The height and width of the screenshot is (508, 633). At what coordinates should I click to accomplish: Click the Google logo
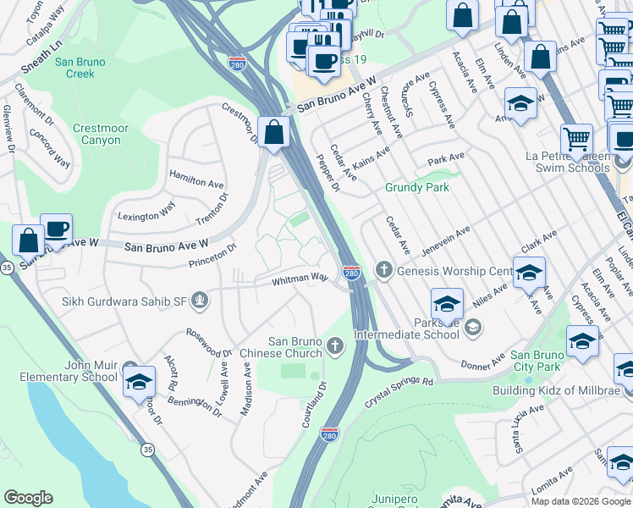coord(29,498)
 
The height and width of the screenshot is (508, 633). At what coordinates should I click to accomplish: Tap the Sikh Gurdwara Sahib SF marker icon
coord(200,300)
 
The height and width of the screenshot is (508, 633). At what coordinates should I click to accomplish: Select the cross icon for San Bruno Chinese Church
coord(335,345)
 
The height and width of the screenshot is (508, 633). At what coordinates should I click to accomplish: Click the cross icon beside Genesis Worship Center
coord(383,271)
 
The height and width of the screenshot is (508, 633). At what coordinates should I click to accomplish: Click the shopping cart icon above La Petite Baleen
coord(576,139)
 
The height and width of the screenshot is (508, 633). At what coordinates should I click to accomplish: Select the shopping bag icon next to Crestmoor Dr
coord(273,132)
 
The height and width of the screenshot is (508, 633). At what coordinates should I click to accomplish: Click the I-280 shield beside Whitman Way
coord(352,273)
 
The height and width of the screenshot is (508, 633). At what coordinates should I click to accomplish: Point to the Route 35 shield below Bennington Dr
coord(148,449)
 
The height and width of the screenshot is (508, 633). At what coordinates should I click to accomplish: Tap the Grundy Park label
coord(417,187)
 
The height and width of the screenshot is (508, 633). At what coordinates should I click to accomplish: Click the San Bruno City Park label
coord(536,361)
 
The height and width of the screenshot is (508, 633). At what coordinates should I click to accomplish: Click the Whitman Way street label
coord(300,278)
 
